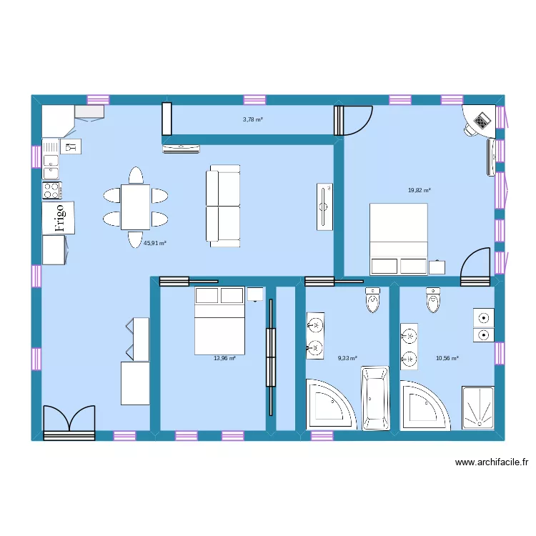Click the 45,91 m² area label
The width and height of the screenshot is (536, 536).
(x=155, y=243)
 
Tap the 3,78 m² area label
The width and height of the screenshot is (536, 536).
(x=253, y=119)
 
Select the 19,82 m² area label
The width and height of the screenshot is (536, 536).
(x=419, y=191)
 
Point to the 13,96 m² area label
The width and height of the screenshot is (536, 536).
(x=224, y=358)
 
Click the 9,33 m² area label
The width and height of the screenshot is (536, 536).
(x=347, y=358)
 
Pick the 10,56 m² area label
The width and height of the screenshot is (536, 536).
(x=447, y=358)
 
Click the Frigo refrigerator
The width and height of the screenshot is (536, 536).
(x=59, y=217)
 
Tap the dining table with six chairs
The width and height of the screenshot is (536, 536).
(x=135, y=207)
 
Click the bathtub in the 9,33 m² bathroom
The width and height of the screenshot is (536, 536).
(x=375, y=399)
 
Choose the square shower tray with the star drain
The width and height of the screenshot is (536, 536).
(x=477, y=408)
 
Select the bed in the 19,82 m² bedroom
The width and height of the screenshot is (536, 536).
(x=398, y=239)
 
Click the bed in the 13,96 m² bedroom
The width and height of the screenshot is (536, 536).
(x=219, y=322)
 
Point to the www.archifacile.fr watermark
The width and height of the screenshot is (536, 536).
(x=492, y=462)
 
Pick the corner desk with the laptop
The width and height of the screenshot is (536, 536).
(x=480, y=120)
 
